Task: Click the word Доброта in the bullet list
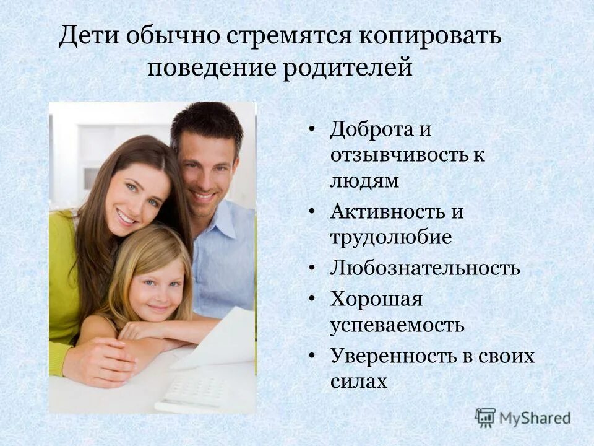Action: (371, 129)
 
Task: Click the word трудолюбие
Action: (390, 237)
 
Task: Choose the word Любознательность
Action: (424, 268)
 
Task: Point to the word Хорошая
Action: (376, 299)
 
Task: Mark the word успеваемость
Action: (397, 325)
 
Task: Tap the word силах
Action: (359, 381)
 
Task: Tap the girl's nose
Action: (157, 296)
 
